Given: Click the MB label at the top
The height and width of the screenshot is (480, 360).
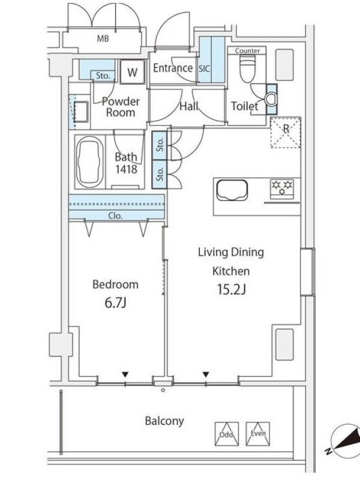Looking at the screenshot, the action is [x=103, y=39].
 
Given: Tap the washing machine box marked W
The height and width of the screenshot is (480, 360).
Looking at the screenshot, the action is [x=132, y=71].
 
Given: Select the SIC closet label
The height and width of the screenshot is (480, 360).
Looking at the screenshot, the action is [x=204, y=68].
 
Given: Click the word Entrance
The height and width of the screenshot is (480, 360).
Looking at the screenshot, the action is [x=173, y=68].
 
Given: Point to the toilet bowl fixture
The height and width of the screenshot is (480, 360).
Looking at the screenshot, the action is [x=247, y=68].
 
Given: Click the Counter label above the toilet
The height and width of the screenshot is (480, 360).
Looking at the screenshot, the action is [x=247, y=50].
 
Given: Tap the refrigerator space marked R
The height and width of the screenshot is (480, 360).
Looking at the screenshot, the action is [x=286, y=133].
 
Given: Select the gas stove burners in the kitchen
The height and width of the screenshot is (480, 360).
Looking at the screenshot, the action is [x=282, y=187].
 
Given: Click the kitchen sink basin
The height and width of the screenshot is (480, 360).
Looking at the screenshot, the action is [x=232, y=190].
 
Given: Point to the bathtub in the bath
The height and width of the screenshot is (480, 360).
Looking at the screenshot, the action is [x=89, y=161].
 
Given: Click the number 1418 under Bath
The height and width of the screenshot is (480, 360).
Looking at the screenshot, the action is [x=126, y=169].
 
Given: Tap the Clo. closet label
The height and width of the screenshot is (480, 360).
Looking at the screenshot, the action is [x=115, y=216].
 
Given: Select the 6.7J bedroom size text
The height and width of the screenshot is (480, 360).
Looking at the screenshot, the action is [x=115, y=303].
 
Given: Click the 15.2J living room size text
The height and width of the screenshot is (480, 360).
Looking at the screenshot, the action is [x=231, y=289].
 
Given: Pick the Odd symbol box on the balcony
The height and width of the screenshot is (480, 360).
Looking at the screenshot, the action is [x=227, y=434].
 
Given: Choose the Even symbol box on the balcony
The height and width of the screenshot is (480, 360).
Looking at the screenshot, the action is [x=258, y=434].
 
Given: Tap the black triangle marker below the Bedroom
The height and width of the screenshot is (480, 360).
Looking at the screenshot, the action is [x=125, y=374].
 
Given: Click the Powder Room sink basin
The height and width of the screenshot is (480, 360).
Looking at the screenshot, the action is [x=81, y=112].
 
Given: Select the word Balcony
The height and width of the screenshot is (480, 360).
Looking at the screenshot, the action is [x=164, y=421].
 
